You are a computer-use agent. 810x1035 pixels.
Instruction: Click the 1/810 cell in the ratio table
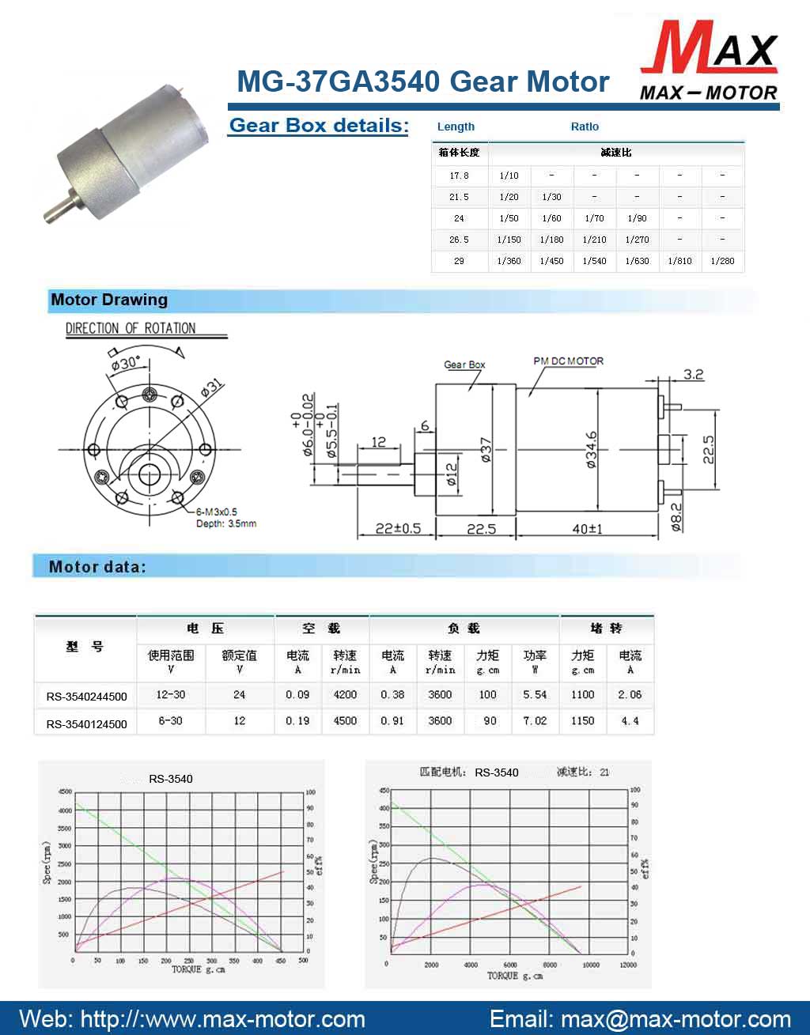point(679,261)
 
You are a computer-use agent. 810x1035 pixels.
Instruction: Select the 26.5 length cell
point(459,240)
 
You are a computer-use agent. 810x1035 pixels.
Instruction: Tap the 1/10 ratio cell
point(509,176)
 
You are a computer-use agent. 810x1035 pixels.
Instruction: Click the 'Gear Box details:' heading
point(318,126)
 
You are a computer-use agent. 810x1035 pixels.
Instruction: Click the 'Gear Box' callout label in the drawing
point(464,365)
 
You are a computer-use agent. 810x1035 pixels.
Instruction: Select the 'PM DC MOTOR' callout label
point(568,361)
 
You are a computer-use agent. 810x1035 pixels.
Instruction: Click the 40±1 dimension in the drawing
point(587,529)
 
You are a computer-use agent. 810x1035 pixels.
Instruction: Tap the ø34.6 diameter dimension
point(592,451)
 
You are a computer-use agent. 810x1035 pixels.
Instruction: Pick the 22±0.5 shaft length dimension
point(397,529)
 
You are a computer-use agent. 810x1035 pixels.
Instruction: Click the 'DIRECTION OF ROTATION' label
point(131,328)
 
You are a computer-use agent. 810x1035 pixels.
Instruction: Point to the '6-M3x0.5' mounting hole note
point(217,512)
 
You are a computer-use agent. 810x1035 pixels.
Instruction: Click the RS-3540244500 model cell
point(86,697)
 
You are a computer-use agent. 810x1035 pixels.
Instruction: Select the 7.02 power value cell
point(535,721)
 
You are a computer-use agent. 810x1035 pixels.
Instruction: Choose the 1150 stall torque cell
point(582,721)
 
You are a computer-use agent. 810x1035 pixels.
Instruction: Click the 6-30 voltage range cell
point(170,721)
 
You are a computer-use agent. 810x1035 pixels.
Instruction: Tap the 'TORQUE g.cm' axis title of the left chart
point(198,969)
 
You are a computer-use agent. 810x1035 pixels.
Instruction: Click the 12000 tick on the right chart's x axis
point(628,965)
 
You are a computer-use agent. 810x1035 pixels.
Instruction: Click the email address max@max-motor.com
point(676,1019)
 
